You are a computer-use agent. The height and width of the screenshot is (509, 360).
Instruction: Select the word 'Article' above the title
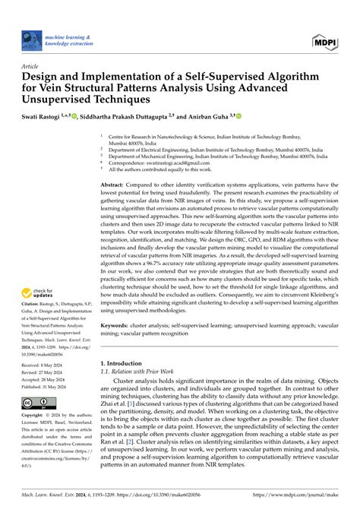pos(33,66)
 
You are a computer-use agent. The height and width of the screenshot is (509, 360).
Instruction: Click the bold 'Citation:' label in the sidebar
pos(33,312)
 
